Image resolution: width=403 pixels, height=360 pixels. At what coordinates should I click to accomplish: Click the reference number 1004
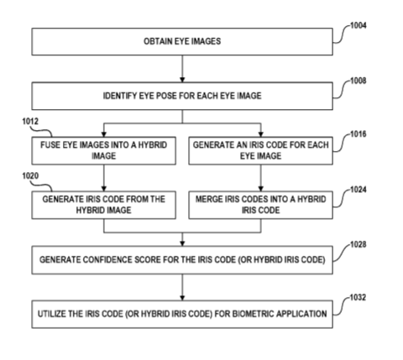359,26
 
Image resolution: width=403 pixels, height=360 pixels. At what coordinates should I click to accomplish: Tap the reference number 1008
359,81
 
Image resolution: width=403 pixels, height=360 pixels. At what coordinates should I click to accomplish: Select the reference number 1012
30,122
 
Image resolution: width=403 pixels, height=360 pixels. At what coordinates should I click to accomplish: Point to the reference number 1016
359,134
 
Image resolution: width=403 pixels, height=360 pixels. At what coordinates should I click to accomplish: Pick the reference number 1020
30,176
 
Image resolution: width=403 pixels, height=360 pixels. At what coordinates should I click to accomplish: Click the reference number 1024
359,190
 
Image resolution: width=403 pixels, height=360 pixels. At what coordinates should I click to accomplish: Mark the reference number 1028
359,244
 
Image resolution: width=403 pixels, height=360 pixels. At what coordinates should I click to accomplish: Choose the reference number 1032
359,297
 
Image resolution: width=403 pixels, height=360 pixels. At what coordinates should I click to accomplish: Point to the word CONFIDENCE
107,260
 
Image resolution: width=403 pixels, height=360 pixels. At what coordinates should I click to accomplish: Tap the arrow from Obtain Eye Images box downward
182,69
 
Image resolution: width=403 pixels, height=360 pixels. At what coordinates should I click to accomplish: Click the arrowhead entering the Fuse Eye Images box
104,134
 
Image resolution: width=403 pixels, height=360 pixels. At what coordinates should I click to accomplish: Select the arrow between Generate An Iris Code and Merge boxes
261,178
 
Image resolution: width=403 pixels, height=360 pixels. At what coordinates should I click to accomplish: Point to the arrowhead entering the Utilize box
182,298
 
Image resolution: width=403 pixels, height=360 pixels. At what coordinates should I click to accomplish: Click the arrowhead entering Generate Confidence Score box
182,243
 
